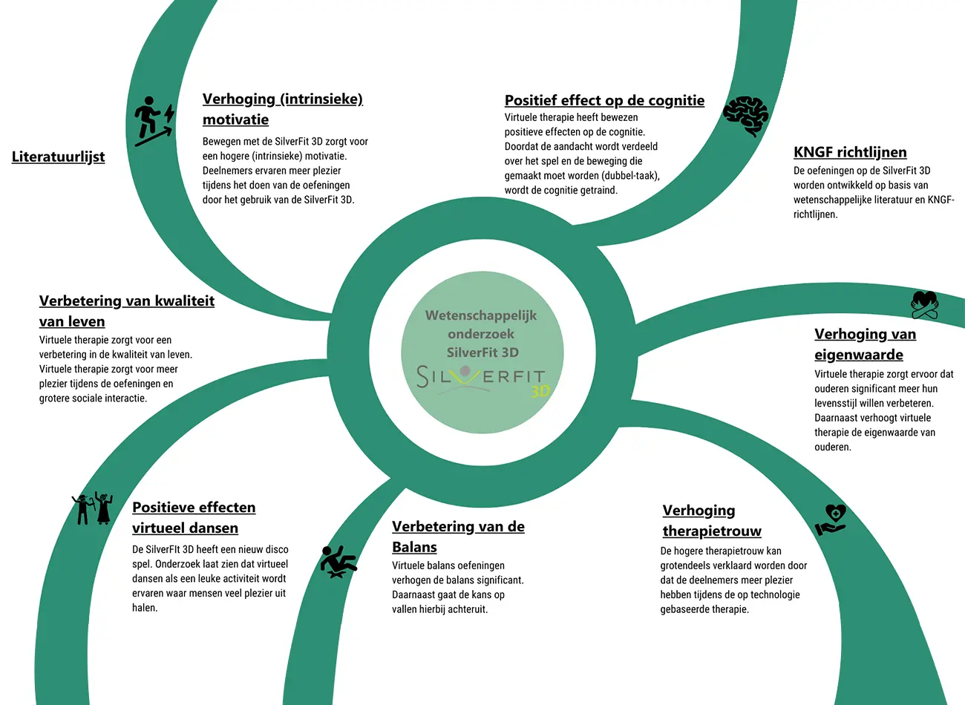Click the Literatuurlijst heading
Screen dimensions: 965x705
(x=58, y=157)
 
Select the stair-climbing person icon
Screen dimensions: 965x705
(x=154, y=121)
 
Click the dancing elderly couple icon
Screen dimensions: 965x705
(x=93, y=508)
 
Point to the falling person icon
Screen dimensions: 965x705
(x=338, y=562)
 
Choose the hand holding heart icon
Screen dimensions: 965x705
(x=831, y=519)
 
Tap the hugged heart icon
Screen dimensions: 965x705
(x=924, y=305)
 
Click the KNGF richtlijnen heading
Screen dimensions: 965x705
(x=850, y=152)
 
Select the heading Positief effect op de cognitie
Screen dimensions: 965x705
(x=604, y=100)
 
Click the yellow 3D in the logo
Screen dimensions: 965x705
(x=540, y=391)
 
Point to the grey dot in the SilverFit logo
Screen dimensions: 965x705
(x=465, y=371)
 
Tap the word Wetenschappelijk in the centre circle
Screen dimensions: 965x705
(x=481, y=315)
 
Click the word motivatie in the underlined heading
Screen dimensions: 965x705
(x=235, y=119)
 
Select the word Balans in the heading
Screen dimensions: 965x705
(x=414, y=547)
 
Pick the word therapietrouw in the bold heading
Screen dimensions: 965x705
(x=712, y=531)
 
